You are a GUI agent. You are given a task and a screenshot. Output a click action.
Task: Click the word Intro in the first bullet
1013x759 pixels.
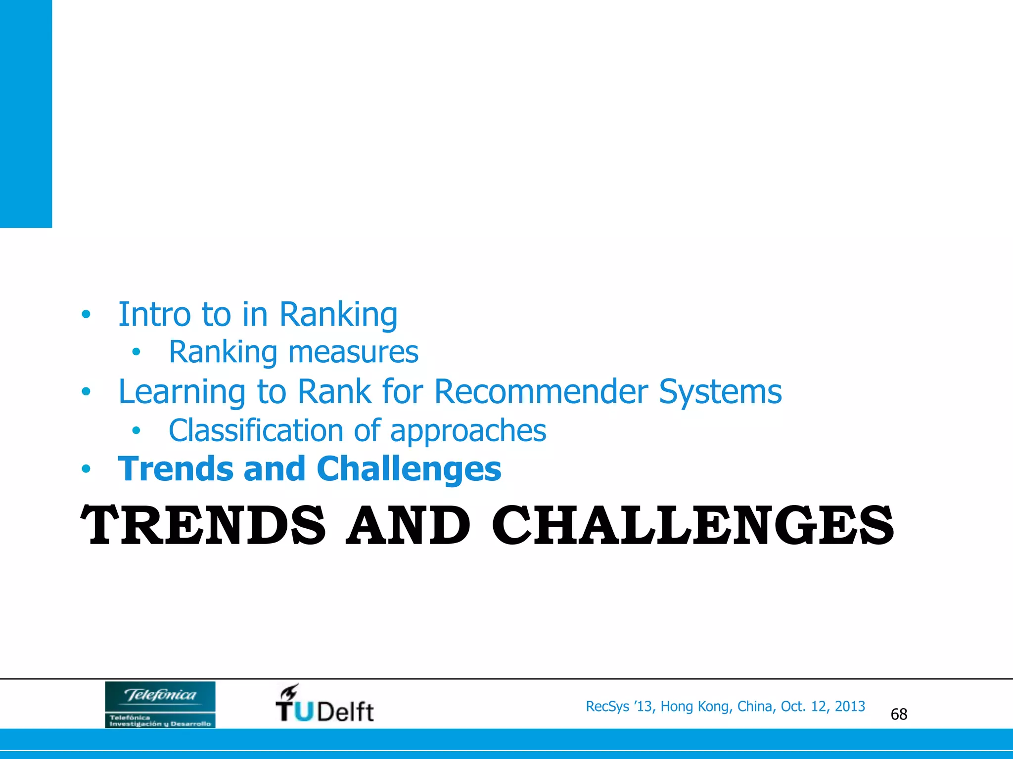[154, 314]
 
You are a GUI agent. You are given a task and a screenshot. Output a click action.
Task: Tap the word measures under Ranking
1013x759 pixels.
[353, 352]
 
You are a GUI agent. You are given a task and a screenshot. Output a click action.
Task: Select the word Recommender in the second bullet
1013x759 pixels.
[541, 391]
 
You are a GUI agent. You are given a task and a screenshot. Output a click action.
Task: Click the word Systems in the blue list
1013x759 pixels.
[720, 391]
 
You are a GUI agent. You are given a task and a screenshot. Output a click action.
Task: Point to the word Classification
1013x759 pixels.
[255, 430]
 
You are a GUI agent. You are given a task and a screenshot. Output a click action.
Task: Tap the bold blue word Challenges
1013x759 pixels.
[409, 468]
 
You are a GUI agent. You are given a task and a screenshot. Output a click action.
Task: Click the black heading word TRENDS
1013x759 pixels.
[203, 526]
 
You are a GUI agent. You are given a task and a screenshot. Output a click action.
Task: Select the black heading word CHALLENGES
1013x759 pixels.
[692, 526]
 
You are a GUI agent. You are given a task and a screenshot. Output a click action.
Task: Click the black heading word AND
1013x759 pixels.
[408, 526]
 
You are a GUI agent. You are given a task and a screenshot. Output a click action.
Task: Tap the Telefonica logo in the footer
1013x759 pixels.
[160, 704]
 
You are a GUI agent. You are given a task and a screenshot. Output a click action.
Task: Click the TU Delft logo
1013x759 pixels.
[324, 704]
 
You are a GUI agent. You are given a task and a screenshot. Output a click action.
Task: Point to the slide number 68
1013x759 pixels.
[899, 714]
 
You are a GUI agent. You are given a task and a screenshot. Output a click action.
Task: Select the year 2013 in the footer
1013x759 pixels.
[850, 707]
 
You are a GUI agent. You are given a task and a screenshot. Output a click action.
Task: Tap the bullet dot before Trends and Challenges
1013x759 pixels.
[86, 469]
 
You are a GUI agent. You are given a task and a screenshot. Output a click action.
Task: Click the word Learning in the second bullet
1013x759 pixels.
[182, 391]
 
